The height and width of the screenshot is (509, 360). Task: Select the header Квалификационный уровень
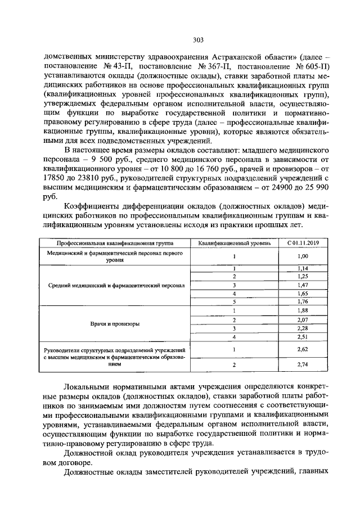click(233, 243)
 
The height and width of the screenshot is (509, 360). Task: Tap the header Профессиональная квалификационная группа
click(114, 243)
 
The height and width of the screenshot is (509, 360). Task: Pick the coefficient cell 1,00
click(302, 256)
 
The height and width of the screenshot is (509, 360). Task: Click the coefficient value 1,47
click(302, 285)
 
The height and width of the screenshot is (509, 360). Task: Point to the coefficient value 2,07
click(302, 319)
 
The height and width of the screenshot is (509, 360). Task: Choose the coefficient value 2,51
click(302, 336)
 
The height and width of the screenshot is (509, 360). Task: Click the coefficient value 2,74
click(302, 365)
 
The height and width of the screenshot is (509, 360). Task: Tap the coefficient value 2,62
click(302, 349)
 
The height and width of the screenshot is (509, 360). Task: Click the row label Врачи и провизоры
click(114, 324)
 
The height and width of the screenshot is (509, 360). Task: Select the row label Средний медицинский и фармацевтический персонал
click(114, 285)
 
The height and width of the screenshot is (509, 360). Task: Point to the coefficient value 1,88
click(302, 310)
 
